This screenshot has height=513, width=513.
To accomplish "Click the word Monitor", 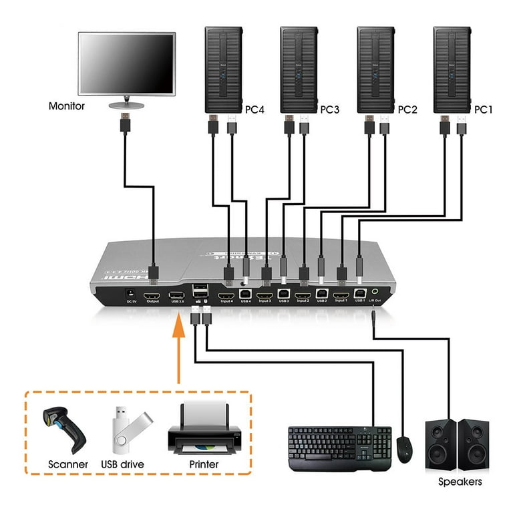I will point(67,106).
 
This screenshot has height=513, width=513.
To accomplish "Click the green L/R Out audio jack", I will point(378,291).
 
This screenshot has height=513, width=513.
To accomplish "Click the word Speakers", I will point(460,481).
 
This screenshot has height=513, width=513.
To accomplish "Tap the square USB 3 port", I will point(283,293).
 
